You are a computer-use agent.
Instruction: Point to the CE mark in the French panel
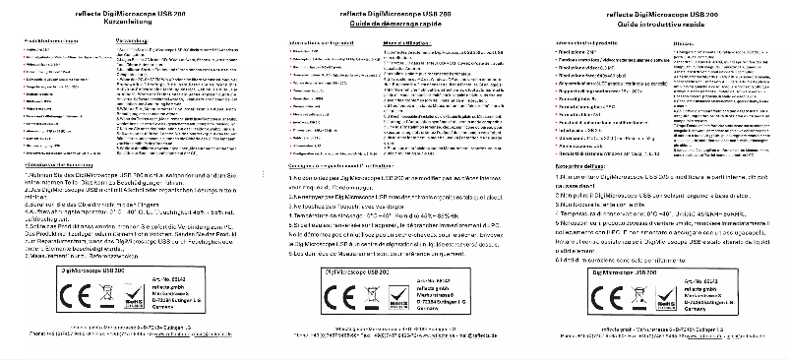(x=340, y=293)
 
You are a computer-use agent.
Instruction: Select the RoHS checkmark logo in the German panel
(x=130, y=294)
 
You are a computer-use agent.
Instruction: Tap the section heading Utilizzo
(x=685, y=43)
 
